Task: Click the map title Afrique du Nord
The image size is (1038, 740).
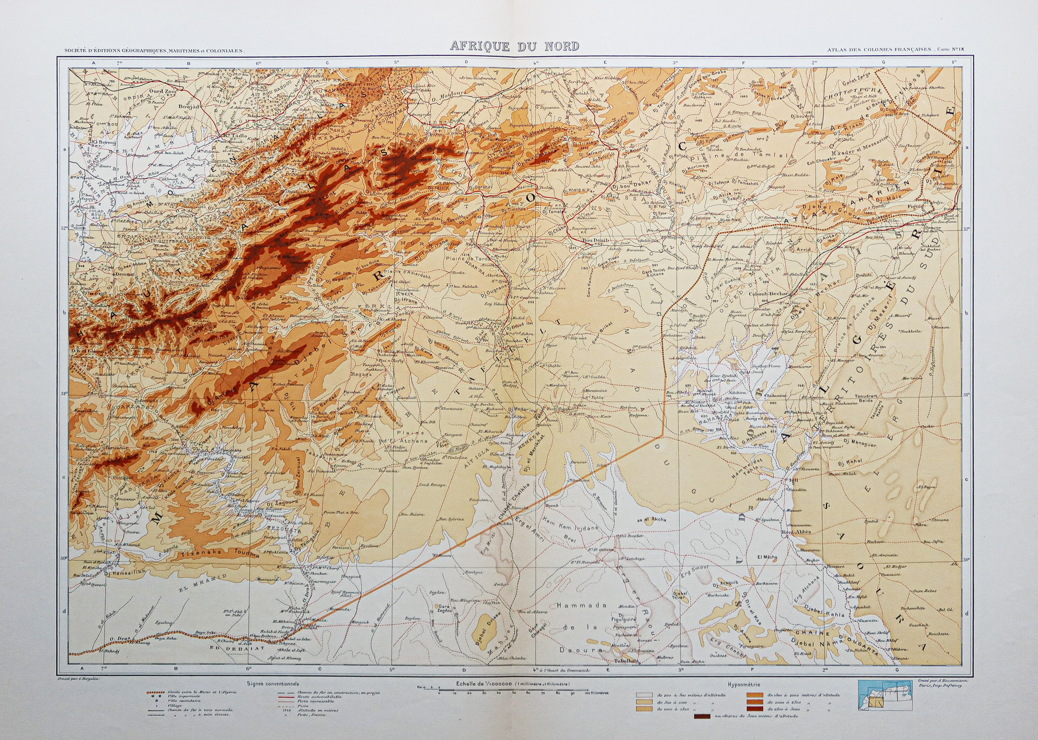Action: tap(514, 47)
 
